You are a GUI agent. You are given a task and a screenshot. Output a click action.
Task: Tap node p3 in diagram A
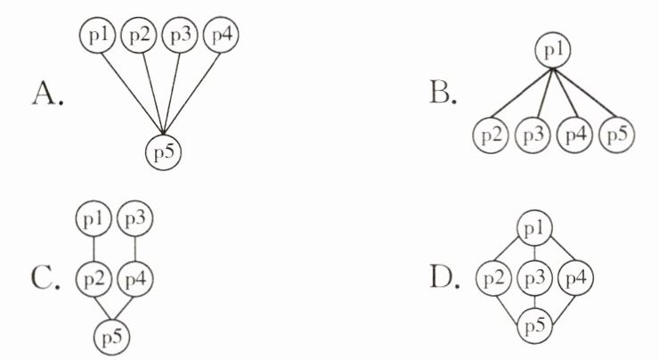180,37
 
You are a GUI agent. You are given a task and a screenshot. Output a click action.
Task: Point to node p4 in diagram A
222,37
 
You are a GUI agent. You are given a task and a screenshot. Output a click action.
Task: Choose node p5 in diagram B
616,135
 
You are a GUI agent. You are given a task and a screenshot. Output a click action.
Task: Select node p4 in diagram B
575,135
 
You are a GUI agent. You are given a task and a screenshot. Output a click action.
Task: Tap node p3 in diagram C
134,218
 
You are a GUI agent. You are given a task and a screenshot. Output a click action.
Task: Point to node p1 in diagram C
94,218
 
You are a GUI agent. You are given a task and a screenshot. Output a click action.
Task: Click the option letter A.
47,92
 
